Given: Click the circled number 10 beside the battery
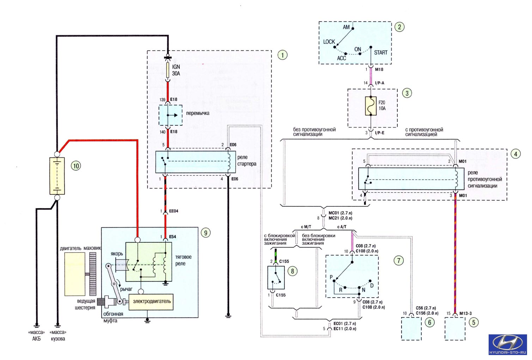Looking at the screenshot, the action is pyautogui.click(x=76, y=166).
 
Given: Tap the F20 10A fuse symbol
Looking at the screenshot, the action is pyautogui.click(x=371, y=106).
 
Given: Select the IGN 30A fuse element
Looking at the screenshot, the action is pyautogui.click(x=168, y=70).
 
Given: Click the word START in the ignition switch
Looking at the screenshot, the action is pyautogui.click(x=381, y=52).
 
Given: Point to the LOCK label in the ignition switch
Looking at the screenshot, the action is pyautogui.click(x=329, y=42).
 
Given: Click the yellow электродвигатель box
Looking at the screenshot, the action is pyautogui.click(x=151, y=302).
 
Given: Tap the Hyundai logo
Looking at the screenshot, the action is pyautogui.click(x=508, y=345).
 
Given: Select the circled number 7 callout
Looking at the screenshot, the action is pyautogui.click(x=399, y=261).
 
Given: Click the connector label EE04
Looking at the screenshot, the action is pyautogui.click(x=173, y=211).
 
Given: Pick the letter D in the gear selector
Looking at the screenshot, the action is pyautogui.click(x=372, y=285).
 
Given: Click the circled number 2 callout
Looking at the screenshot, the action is pyautogui.click(x=399, y=27).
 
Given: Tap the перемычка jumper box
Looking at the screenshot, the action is pyautogui.click(x=171, y=115).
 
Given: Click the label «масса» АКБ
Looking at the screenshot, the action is pyautogui.click(x=36, y=335).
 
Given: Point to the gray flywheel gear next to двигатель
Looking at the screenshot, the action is pyautogui.click(x=93, y=274).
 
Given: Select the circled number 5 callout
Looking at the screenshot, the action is pyautogui.click(x=473, y=322).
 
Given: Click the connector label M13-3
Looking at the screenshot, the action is pyautogui.click(x=465, y=313).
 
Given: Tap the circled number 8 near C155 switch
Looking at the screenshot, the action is pyautogui.click(x=292, y=271).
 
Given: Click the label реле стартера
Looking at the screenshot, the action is pyautogui.click(x=247, y=160).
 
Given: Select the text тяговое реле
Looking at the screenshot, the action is pyautogui.click(x=183, y=260).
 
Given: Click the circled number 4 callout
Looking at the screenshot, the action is pyautogui.click(x=516, y=154).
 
